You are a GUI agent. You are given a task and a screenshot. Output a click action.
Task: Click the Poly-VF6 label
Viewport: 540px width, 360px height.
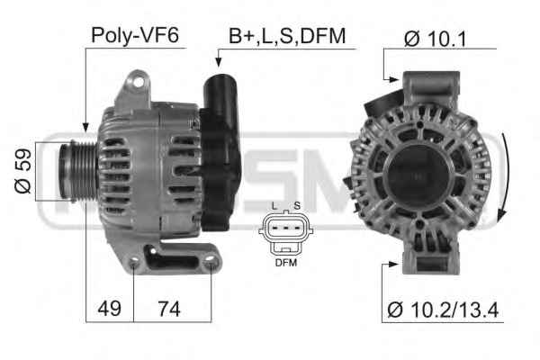pyautogui.click(x=135, y=35)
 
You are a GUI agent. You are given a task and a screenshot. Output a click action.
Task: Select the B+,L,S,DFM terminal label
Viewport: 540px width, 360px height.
pyautogui.click(x=287, y=36)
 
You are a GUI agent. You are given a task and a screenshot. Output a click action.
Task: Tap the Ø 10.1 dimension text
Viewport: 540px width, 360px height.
pyautogui.click(x=436, y=39)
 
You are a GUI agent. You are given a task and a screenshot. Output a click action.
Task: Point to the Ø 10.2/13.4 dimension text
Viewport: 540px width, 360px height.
pyautogui.click(x=443, y=310)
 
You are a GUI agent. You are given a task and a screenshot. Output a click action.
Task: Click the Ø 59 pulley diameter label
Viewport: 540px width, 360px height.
pyautogui.click(x=23, y=171)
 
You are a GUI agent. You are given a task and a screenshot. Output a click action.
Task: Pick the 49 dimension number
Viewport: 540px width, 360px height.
pyautogui.click(x=109, y=309)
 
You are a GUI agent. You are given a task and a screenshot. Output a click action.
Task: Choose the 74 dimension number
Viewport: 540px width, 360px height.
pyautogui.click(x=169, y=309)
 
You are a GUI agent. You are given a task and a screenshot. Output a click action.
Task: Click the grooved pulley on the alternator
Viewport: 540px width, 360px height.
pyautogui.click(x=77, y=170)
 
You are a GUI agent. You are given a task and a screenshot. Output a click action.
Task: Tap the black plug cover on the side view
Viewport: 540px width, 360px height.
pyautogui.click(x=220, y=151)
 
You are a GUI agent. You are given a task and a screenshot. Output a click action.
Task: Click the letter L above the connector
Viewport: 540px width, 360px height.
pyautogui.click(x=274, y=206)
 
